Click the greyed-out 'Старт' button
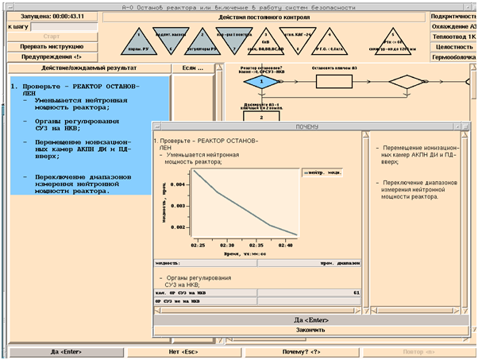[x=52, y=36]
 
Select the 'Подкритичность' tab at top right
[x=453, y=16]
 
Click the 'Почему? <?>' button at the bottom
[x=301, y=350]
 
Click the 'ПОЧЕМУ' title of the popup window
[x=312, y=126]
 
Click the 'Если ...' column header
[x=193, y=68]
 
